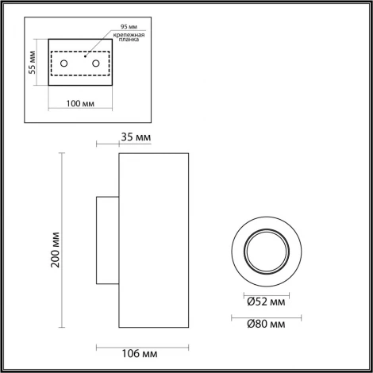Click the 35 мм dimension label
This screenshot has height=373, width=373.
pyautogui.click(x=137, y=138)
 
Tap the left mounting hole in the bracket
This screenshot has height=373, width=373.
pyautogui.click(x=65, y=62)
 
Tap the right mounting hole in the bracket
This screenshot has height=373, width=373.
pyautogui.click(x=94, y=62)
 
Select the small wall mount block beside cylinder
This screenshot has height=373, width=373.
pyautogui.click(x=108, y=240)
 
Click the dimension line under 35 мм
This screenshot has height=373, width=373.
pyautogui.click(x=108, y=145)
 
